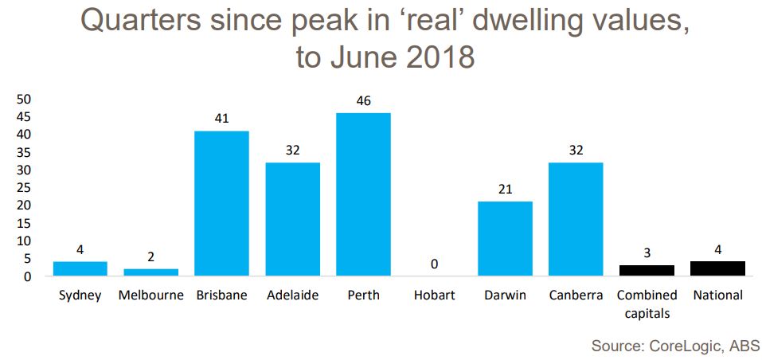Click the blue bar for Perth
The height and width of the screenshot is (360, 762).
(363, 194)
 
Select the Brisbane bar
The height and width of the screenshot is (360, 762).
(221, 203)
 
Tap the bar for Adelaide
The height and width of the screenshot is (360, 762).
(292, 219)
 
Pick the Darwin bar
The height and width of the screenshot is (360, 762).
(505, 238)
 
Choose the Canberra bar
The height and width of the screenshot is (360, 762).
(576, 219)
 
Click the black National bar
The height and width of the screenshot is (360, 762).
(717, 268)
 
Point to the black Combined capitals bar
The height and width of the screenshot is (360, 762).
(647, 270)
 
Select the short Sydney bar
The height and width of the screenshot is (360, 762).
(80, 268)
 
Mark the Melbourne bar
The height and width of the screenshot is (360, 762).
(150, 272)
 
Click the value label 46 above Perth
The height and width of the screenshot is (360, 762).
(363, 101)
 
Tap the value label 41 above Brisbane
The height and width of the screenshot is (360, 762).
(221, 119)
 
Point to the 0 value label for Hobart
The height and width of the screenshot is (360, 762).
(434, 264)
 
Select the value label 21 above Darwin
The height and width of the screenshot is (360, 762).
(505, 190)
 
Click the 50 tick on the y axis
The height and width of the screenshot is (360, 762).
(23, 100)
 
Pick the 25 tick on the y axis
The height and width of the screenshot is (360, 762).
(23, 188)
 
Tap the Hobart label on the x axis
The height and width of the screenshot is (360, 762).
(434, 295)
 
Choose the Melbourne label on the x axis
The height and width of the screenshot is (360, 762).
(150, 295)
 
